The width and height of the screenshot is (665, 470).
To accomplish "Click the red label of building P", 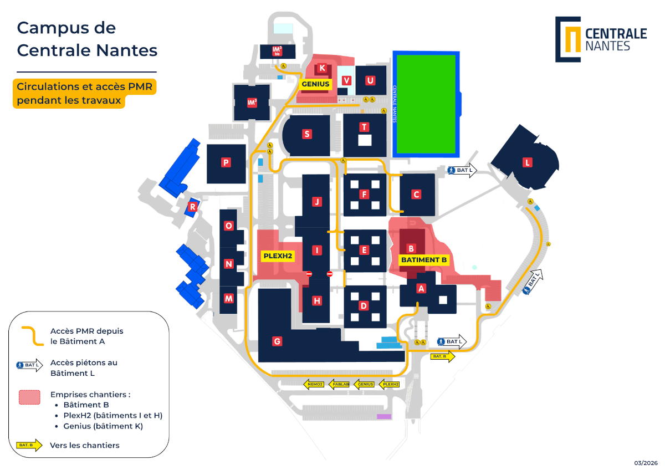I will (226, 162).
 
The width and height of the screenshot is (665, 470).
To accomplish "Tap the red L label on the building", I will (528, 162).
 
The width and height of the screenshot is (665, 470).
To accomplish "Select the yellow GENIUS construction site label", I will (315, 84).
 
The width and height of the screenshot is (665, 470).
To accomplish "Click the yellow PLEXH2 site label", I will (277, 256).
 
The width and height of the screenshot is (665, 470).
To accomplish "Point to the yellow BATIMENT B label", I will (424, 259).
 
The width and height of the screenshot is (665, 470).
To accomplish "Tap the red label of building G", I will (277, 341).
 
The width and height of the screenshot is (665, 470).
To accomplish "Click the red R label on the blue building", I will (192, 207).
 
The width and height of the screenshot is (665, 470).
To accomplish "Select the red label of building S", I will (306, 134).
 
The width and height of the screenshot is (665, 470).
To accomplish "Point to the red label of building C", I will (416, 195).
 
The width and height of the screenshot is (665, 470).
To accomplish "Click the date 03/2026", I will (646, 463).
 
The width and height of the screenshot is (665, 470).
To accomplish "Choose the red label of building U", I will (370, 80).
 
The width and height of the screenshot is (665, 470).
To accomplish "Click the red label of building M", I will (228, 298).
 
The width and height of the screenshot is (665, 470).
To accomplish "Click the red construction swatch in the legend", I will (30, 397).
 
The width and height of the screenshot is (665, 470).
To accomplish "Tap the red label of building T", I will (364, 127).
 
